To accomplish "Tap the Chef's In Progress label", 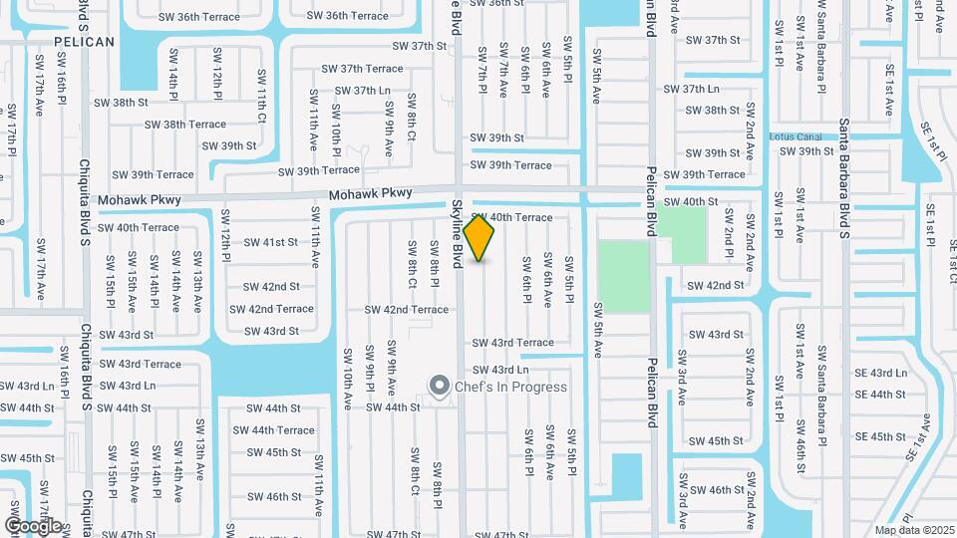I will coord(510,387).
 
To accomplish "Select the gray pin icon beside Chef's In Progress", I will coord(438,386).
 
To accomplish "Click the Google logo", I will coord(33,525).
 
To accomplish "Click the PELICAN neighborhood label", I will coord(84,42).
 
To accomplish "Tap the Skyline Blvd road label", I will coord(457,232).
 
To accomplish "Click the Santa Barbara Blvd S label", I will coord(843,178).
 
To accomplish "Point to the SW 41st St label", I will coord(271,242).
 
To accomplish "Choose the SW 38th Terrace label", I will coord(185,125).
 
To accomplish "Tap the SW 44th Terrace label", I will coord(273,430).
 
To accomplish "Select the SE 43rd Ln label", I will coord(881,374).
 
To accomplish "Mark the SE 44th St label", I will coord(879,396).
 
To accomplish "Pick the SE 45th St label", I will coord(879,437).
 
